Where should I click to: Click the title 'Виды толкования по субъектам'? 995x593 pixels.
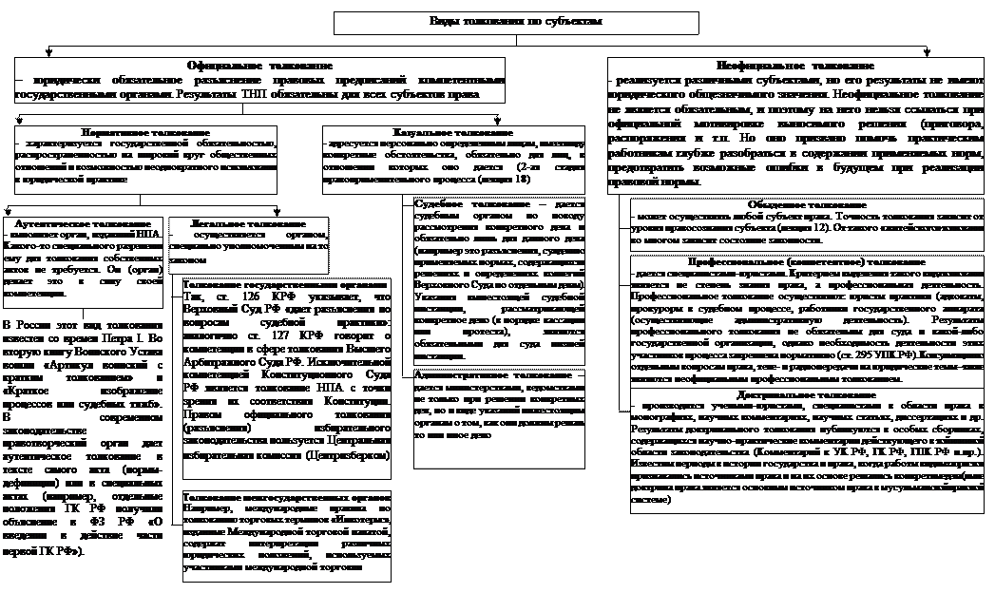pos(515,21)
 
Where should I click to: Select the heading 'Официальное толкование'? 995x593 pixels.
pos(259,65)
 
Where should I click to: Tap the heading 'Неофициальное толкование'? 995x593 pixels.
pos(796,65)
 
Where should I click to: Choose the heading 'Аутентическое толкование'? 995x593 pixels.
pos(77,220)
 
